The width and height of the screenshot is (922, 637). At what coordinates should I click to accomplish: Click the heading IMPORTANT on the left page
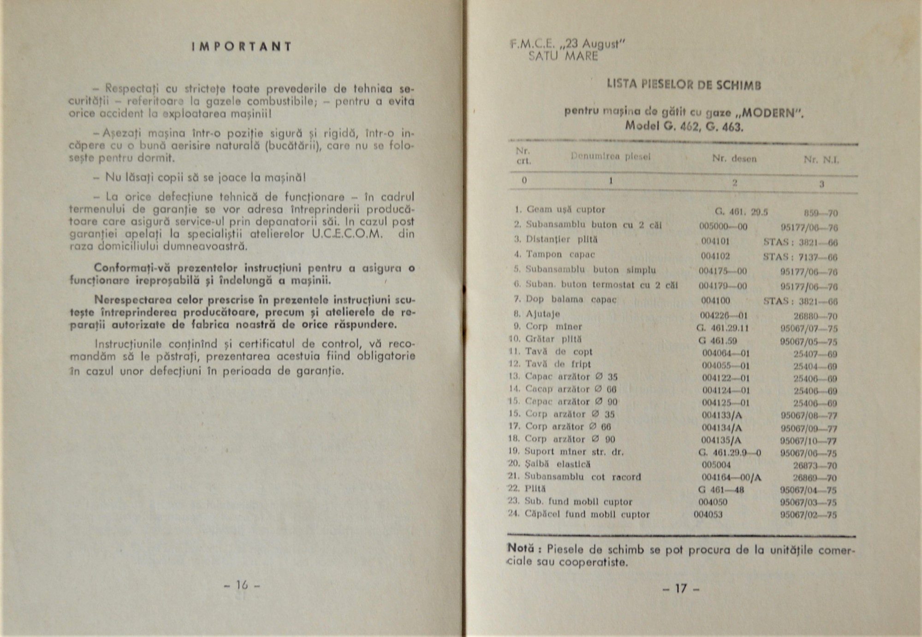242,47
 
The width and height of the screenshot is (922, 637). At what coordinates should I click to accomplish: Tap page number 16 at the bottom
242,585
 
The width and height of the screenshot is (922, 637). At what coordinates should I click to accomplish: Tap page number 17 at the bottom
681,589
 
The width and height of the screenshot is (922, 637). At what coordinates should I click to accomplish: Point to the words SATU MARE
563,57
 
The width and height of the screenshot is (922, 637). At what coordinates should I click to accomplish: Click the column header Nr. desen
734,158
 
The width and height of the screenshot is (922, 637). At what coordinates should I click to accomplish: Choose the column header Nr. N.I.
821,160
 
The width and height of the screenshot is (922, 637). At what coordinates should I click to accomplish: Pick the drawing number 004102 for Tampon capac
715,255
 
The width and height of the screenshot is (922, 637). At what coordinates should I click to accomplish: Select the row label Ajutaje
543,314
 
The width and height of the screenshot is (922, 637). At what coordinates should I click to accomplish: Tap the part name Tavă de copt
559,352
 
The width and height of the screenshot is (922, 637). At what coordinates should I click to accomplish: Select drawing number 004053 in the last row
708,515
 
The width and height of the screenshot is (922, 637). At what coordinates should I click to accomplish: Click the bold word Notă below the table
521,548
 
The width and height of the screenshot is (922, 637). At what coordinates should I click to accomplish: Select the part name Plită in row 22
535,489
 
